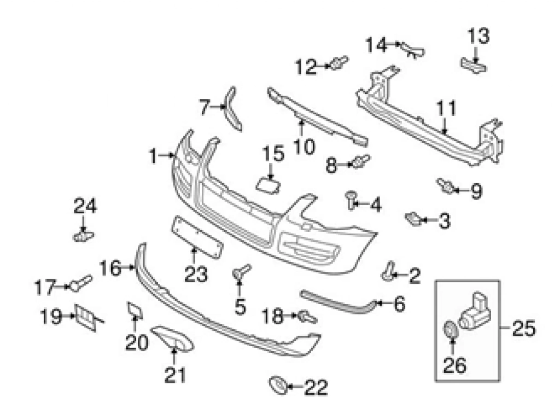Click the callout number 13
point(477,37)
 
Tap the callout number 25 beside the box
point(523,329)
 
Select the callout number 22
point(316,388)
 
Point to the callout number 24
point(85,207)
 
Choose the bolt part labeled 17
point(81,283)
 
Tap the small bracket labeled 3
point(413,219)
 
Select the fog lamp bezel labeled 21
point(172,337)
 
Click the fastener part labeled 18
point(307,316)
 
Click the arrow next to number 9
point(460,191)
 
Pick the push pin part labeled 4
point(349,200)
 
